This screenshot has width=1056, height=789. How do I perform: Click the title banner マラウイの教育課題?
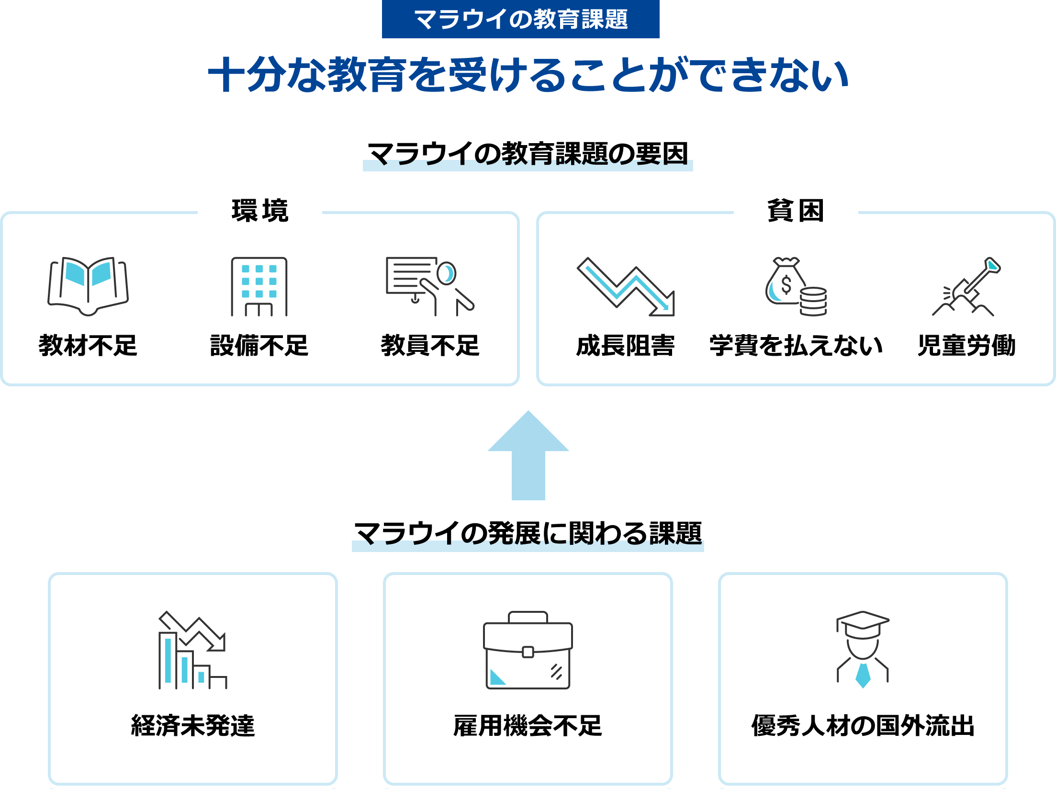(520, 19)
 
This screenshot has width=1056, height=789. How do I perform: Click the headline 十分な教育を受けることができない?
(528, 75)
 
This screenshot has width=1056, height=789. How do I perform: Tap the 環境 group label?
(260, 211)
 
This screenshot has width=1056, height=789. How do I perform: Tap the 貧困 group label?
(796, 211)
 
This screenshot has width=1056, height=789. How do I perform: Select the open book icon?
(88, 286)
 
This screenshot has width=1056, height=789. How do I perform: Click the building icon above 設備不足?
(259, 287)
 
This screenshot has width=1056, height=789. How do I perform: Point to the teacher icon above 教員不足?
(430, 286)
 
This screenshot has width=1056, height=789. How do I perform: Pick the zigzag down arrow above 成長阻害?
(626, 287)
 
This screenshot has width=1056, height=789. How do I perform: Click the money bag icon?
(796, 286)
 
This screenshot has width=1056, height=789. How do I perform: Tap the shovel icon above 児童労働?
(966, 287)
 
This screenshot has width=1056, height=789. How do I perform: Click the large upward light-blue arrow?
(528, 455)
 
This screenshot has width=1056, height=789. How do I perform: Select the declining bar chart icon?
(192, 650)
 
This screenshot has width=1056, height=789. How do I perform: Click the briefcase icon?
(528, 650)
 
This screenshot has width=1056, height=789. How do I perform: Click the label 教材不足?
(88, 345)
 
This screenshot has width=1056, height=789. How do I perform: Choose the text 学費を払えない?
(796, 345)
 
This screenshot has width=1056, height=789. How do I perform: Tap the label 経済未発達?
(193, 725)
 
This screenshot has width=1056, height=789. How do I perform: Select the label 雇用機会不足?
(528, 725)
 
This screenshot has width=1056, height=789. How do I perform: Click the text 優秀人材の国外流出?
(863, 725)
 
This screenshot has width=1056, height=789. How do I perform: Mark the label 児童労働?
(966, 345)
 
